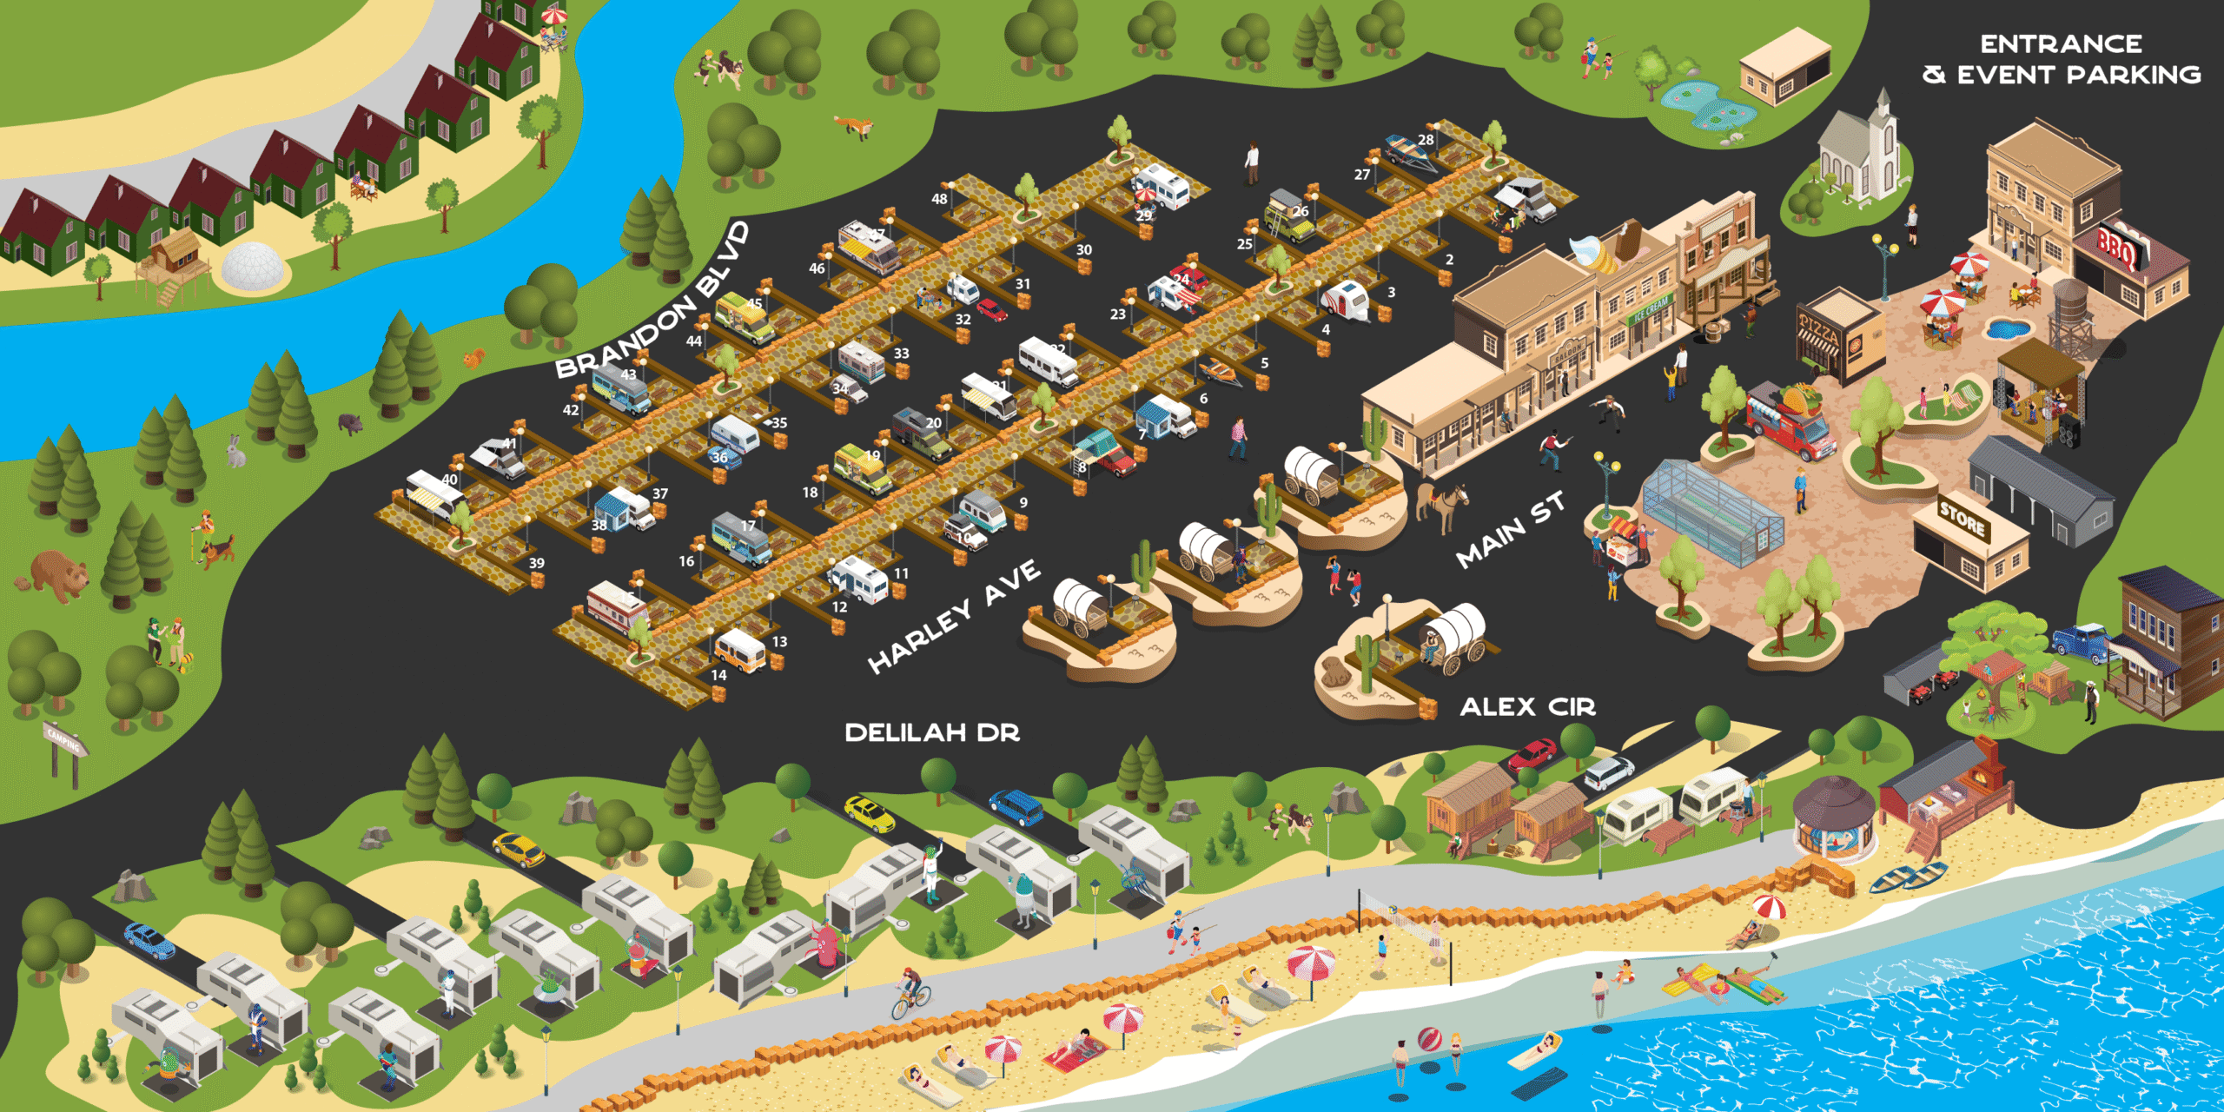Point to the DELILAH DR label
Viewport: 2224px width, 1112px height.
click(x=932, y=732)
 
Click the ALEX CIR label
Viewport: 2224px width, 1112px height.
click(x=1527, y=707)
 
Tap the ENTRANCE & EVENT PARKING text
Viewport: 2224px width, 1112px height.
click(x=2061, y=59)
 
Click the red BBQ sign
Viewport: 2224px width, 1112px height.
click(x=2116, y=248)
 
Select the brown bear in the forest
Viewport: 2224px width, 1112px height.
click(x=59, y=573)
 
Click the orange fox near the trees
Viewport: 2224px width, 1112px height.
click(x=856, y=126)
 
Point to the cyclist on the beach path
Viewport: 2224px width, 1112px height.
click(x=910, y=993)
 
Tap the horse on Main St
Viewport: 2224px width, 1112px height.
click(x=1442, y=504)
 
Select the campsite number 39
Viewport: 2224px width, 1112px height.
click(x=537, y=563)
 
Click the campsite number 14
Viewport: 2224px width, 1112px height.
click(x=718, y=675)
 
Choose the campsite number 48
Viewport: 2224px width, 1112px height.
click(x=939, y=198)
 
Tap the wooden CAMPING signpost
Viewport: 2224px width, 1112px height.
click(x=64, y=747)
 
